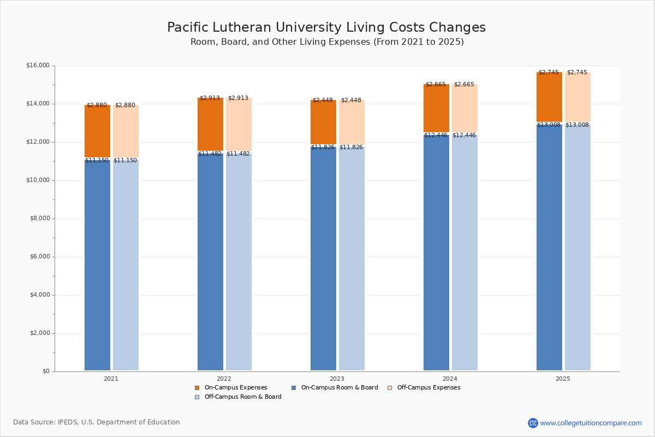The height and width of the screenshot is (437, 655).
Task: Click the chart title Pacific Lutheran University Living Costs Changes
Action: (x=326, y=28)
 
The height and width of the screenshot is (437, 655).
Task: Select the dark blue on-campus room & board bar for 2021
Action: (x=97, y=265)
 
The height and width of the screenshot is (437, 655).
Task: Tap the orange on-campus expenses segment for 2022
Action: (x=210, y=125)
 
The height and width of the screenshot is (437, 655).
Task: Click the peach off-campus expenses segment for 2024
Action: (x=465, y=108)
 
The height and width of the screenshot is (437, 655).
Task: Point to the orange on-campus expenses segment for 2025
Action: (x=549, y=97)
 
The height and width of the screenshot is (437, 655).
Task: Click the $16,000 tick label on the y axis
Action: (x=38, y=66)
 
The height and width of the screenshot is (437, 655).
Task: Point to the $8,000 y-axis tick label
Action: (x=39, y=218)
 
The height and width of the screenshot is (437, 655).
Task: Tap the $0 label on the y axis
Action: (x=45, y=371)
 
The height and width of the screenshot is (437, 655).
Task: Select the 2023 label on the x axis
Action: (x=337, y=379)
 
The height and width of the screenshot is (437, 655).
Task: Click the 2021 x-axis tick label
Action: (x=111, y=379)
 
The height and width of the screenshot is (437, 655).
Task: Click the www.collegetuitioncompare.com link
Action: (x=591, y=423)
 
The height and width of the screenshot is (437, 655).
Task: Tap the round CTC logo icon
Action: (x=533, y=423)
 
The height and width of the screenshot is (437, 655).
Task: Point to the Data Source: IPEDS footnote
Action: (x=97, y=422)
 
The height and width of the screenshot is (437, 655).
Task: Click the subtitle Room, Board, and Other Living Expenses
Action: (x=326, y=42)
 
